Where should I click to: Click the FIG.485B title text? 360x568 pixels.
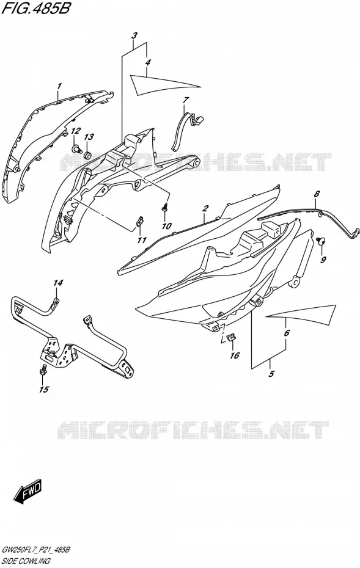tap(35, 9)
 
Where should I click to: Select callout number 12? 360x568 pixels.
tap(75, 131)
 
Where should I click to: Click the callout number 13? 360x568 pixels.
tap(89, 137)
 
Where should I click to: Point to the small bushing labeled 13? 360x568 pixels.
tap(88, 156)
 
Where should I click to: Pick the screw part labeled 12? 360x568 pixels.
tap(76, 148)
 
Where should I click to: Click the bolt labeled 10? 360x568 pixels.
tap(166, 208)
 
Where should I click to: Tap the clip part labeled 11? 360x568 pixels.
tap(139, 221)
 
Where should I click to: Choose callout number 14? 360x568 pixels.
tap(58, 283)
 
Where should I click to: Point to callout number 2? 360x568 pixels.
tap(205, 208)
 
